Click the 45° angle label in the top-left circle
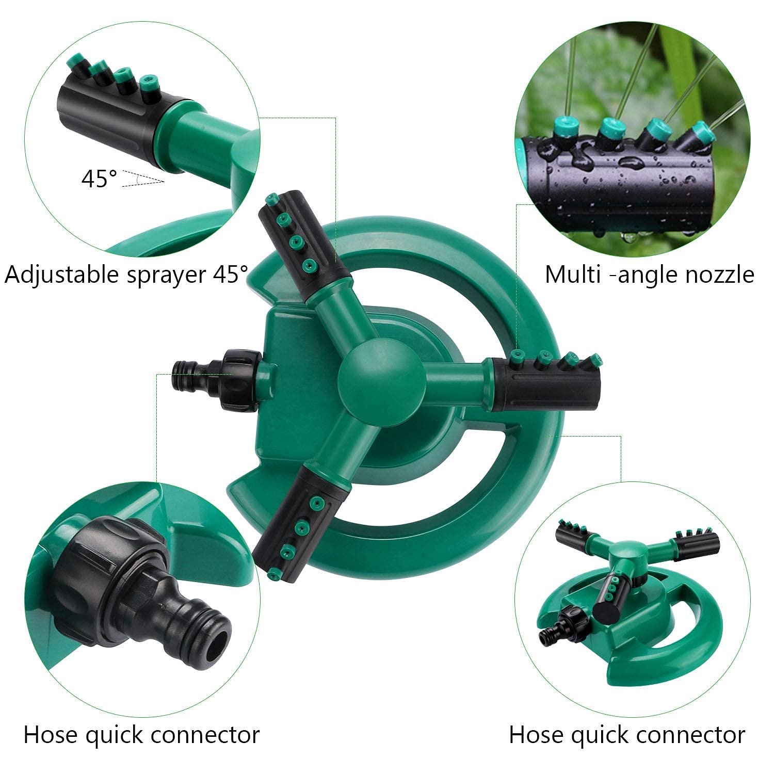(x=99, y=179)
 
